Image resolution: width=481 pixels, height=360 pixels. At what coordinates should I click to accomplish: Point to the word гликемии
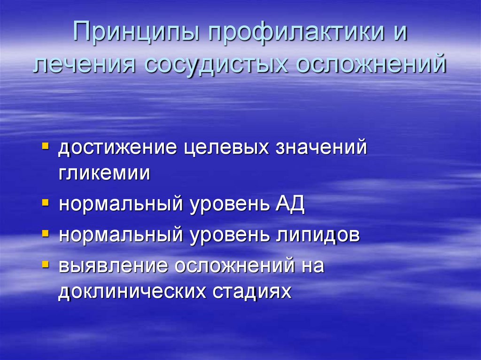pyautogui.click(x=104, y=173)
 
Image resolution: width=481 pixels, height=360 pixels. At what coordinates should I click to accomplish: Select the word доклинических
pyautogui.click(x=133, y=291)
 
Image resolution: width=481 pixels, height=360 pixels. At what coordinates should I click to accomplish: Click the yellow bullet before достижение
pyautogui.click(x=45, y=146)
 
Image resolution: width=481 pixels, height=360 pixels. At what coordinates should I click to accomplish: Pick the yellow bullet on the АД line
pyautogui.click(x=45, y=203)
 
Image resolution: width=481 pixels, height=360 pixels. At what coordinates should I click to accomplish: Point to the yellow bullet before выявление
pyautogui.click(x=45, y=263)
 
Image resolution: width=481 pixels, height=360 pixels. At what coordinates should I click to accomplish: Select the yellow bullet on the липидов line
pyautogui.click(x=45, y=233)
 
